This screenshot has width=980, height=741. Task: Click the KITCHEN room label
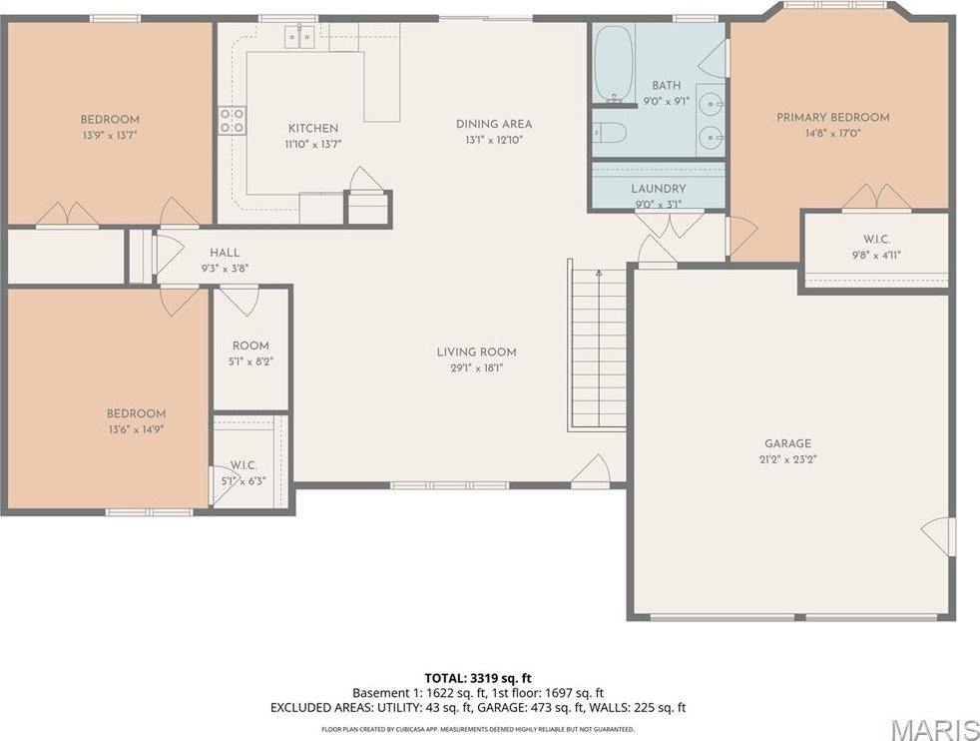[x=312, y=128]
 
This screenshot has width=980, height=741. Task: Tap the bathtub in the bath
[x=613, y=64]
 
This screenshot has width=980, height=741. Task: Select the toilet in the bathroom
[x=610, y=132]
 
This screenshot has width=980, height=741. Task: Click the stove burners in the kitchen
[x=232, y=121]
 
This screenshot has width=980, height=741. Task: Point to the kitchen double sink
[x=298, y=37]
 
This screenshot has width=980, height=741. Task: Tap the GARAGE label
[x=788, y=443]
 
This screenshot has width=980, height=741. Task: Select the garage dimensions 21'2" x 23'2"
[x=788, y=459]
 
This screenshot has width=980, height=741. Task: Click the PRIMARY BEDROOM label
[x=832, y=117]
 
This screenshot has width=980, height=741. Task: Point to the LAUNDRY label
[x=658, y=189]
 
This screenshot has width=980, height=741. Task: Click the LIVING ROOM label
[x=476, y=352]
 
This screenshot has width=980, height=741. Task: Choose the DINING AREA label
[x=494, y=124]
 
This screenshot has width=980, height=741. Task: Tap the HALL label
[x=225, y=253]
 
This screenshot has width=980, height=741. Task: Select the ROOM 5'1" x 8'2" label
[x=250, y=346]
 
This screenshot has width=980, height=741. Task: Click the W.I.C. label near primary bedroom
[x=876, y=239]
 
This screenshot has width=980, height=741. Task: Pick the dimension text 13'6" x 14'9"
[x=136, y=429]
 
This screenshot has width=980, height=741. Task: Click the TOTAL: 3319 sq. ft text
[x=477, y=677]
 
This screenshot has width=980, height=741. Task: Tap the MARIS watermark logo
[x=934, y=729]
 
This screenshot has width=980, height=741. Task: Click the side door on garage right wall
[x=941, y=536]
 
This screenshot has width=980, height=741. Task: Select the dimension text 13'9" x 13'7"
[x=110, y=136]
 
